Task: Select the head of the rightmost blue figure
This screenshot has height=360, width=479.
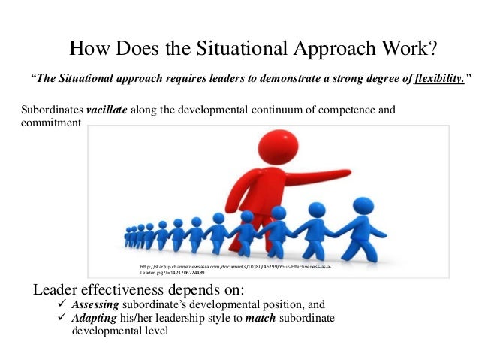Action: pyautogui.click(x=363, y=206)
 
